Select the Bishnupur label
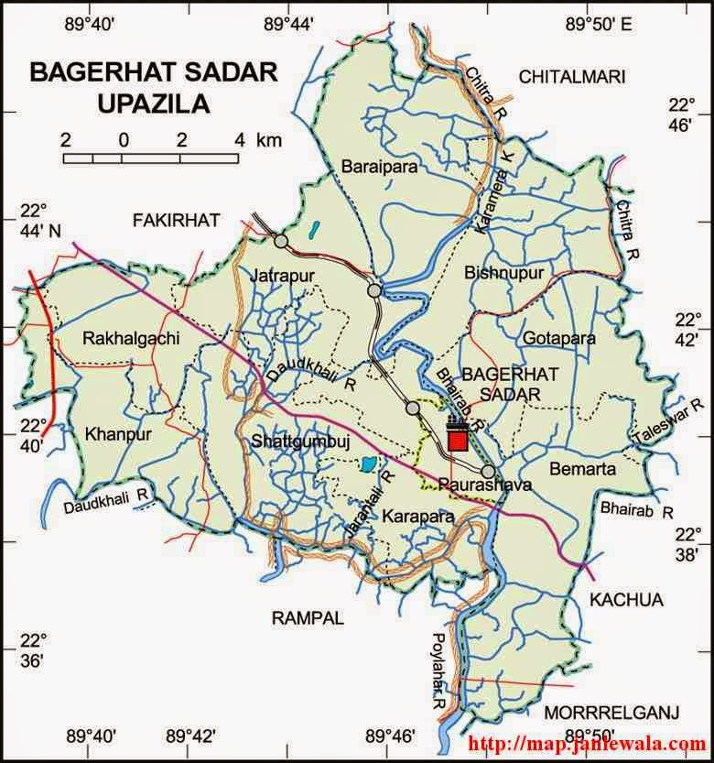[503, 273]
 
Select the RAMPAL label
[308, 618]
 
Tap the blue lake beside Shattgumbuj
[366, 464]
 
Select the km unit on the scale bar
[269, 140]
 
